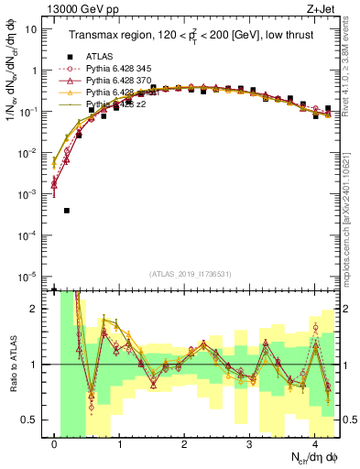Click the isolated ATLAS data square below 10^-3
(67, 211)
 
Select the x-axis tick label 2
(184, 442)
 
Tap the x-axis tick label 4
(314, 442)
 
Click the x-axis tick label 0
(55, 442)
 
